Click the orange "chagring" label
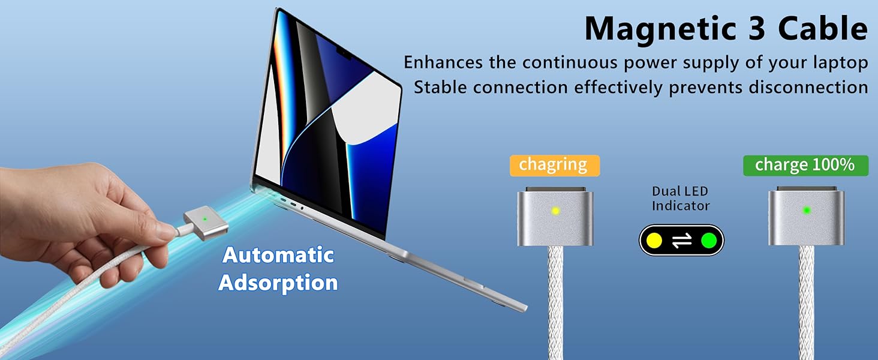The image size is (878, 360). [x=553, y=165]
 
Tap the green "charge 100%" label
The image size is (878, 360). [x=805, y=165]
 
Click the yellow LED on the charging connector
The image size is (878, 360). [x=555, y=211]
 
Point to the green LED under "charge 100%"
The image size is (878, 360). [x=807, y=210]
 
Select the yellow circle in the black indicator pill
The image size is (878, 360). [x=655, y=241]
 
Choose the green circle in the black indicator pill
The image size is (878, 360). [x=708, y=241]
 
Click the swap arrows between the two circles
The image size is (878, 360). [x=681, y=241]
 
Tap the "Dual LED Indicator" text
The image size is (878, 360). [x=681, y=199]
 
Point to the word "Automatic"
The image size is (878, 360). [x=278, y=255]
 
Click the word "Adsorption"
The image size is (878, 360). [x=278, y=282]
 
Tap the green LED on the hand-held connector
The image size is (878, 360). [x=205, y=218]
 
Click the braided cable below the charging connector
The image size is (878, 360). [x=556, y=300]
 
